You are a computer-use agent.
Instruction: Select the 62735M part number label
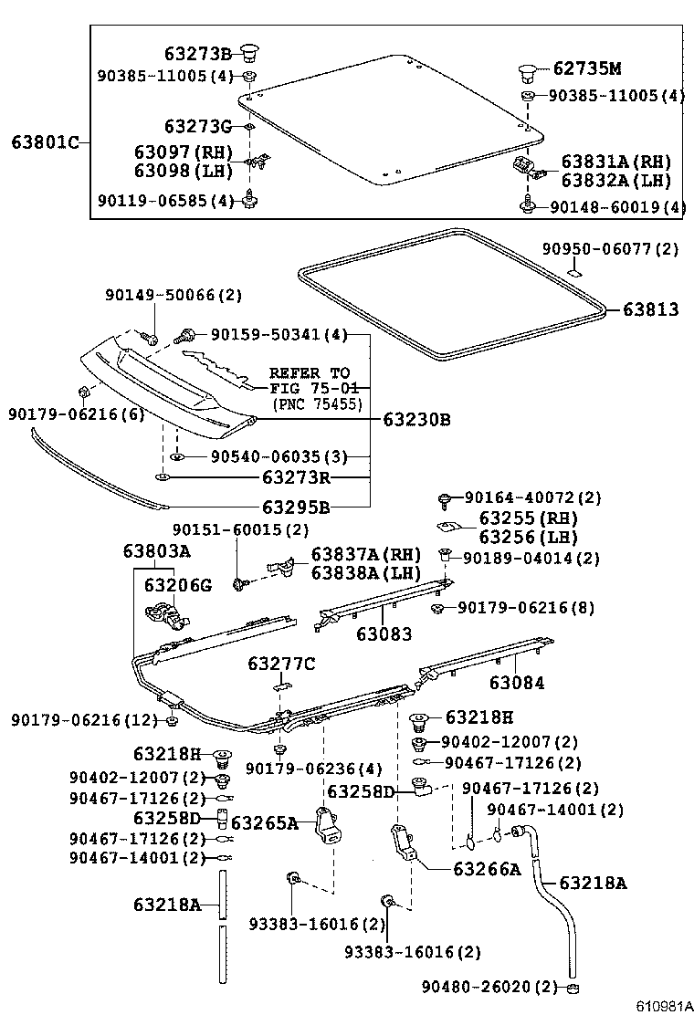tap(587, 68)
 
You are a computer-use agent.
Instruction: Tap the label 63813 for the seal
tap(650, 309)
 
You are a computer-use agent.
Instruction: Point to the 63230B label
tap(416, 420)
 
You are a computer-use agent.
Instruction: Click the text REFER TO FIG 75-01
tap(309, 380)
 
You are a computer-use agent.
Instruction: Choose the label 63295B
tap(296, 507)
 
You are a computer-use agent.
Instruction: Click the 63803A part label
tap(156, 551)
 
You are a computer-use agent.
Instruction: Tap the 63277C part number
tap(280, 664)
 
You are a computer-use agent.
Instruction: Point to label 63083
tap(384, 633)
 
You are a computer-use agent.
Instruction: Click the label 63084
tap(516, 682)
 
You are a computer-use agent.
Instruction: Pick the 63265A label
tap(265, 823)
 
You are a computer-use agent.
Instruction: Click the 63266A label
tap(486, 869)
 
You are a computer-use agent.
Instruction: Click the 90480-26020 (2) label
tap(489, 987)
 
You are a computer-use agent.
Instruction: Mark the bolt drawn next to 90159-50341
tap(190, 335)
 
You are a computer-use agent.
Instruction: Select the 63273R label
tap(296, 476)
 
